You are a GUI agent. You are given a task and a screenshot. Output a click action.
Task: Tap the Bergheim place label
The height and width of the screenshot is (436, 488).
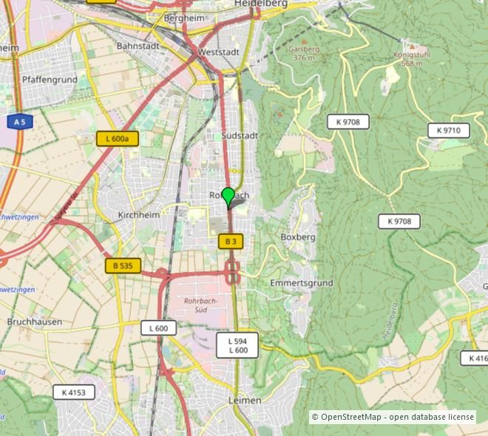pyautogui.click(x=183, y=17)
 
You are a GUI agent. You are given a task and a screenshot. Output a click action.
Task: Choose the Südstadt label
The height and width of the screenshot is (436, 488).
pyautogui.click(x=240, y=136)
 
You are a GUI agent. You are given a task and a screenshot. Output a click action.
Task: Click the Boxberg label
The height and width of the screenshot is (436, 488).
pyautogui.click(x=298, y=237)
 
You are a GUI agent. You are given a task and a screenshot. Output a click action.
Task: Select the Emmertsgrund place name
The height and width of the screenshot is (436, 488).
pyautogui.click(x=301, y=283)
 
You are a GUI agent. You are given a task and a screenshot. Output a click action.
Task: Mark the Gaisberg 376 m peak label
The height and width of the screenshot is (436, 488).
pyautogui.click(x=304, y=53)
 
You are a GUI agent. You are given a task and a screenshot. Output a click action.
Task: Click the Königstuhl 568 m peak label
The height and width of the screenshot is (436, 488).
pyautogui.click(x=412, y=59)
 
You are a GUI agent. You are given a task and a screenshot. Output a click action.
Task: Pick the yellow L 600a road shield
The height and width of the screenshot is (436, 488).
pyautogui.click(x=118, y=138)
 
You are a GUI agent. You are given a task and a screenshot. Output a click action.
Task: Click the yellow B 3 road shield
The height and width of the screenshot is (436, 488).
pyautogui.click(x=231, y=241)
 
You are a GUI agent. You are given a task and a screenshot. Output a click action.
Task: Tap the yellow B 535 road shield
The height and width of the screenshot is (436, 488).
pyautogui.click(x=123, y=266)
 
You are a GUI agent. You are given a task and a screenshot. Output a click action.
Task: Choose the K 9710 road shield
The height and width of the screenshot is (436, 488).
pyautogui.click(x=448, y=130)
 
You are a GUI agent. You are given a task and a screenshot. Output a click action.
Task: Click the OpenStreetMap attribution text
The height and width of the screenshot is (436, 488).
pyautogui.click(x=393, y=418)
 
